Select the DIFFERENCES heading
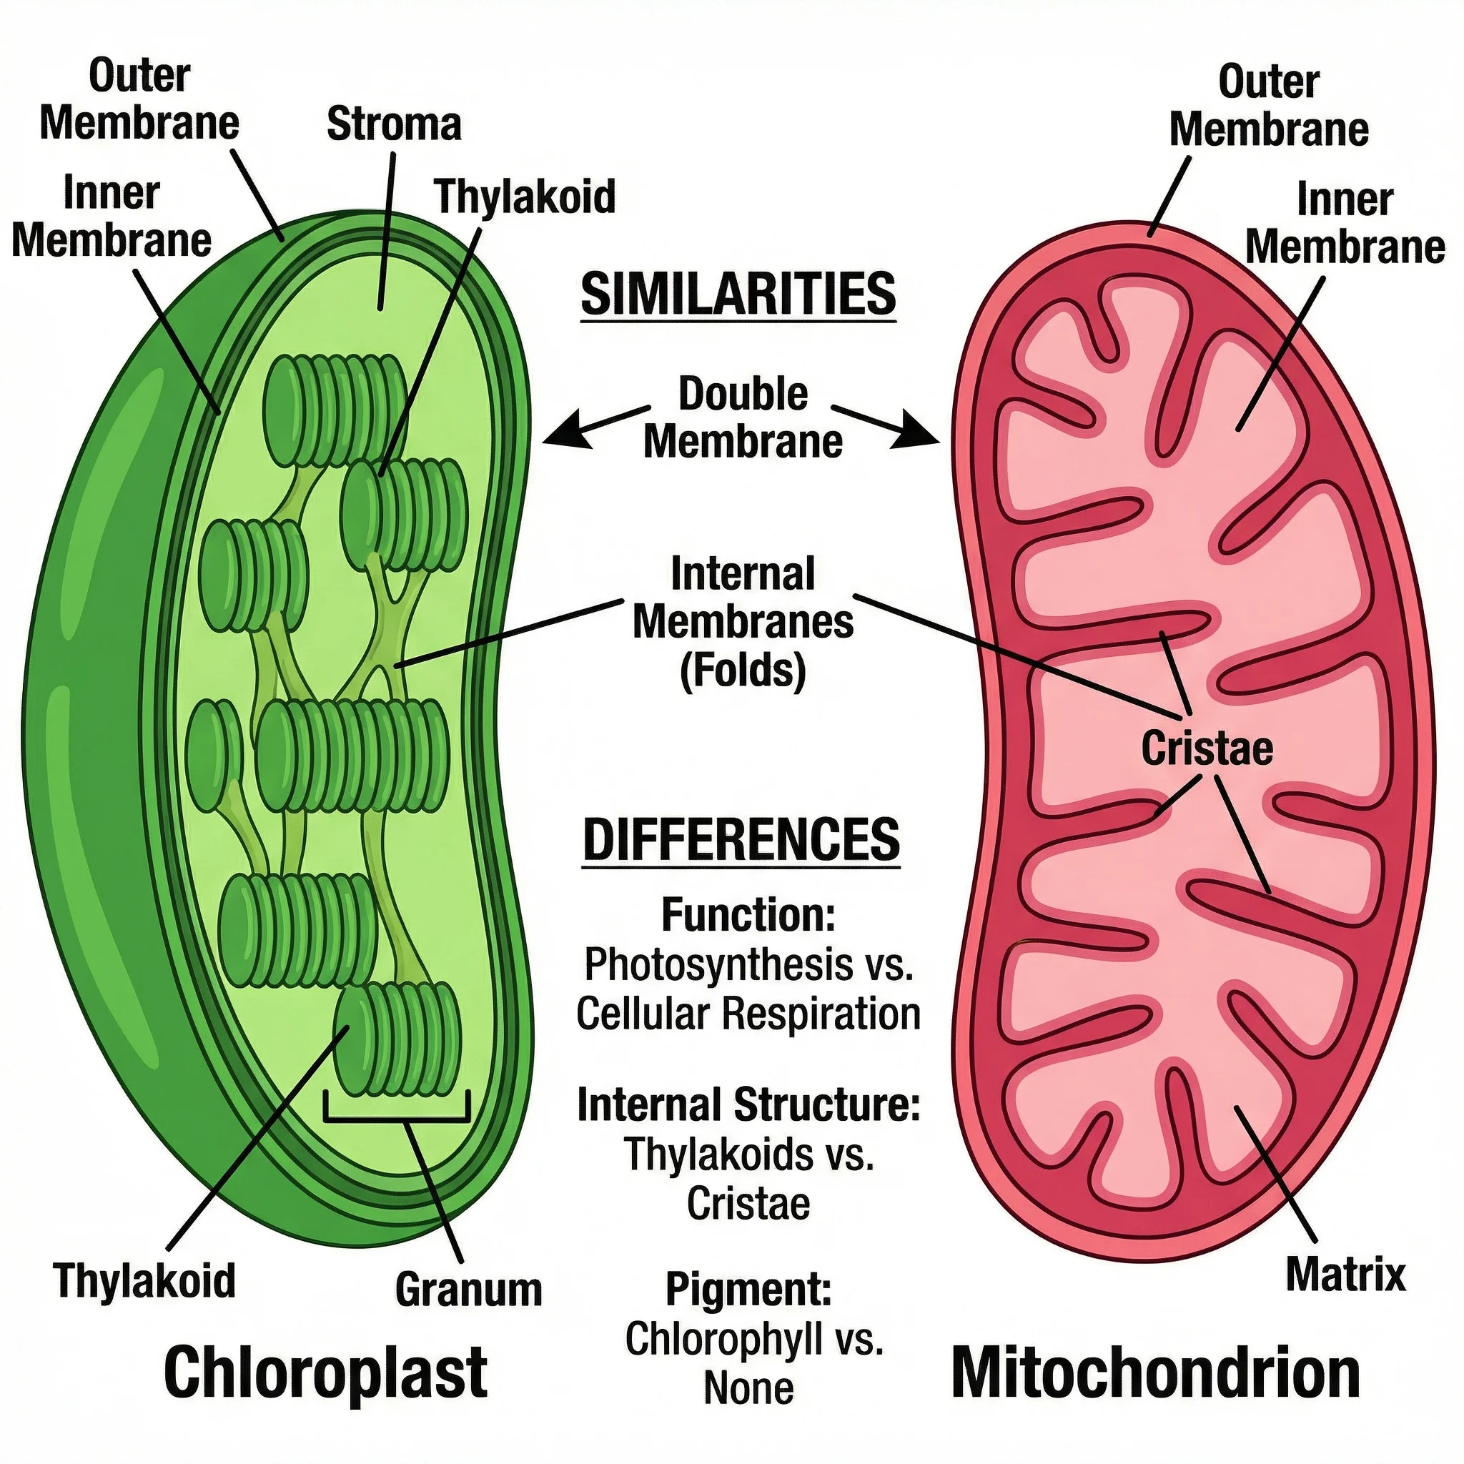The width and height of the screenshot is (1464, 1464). point(741,840)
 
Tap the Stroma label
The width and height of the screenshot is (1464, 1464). point(394,124)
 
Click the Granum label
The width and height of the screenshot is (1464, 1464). point(468,1289)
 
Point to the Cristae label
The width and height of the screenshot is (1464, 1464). point(1207,748)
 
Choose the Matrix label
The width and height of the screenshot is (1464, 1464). point(1345,1274)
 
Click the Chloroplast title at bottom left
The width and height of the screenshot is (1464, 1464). point(325,1373)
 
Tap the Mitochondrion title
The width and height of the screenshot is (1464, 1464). point(1156,1373)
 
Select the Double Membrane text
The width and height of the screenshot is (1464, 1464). point(743,417)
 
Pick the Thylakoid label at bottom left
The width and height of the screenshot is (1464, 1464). point(144,1280)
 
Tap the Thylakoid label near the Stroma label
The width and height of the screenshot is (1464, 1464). point(525,197)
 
